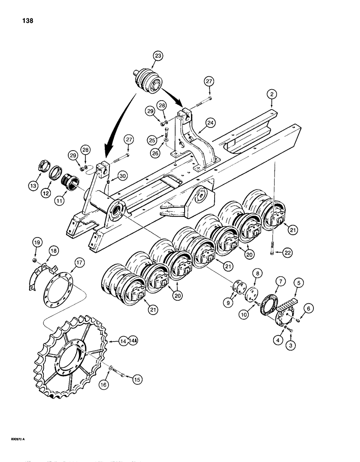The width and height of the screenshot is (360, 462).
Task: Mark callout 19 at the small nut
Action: click(36, 241)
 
